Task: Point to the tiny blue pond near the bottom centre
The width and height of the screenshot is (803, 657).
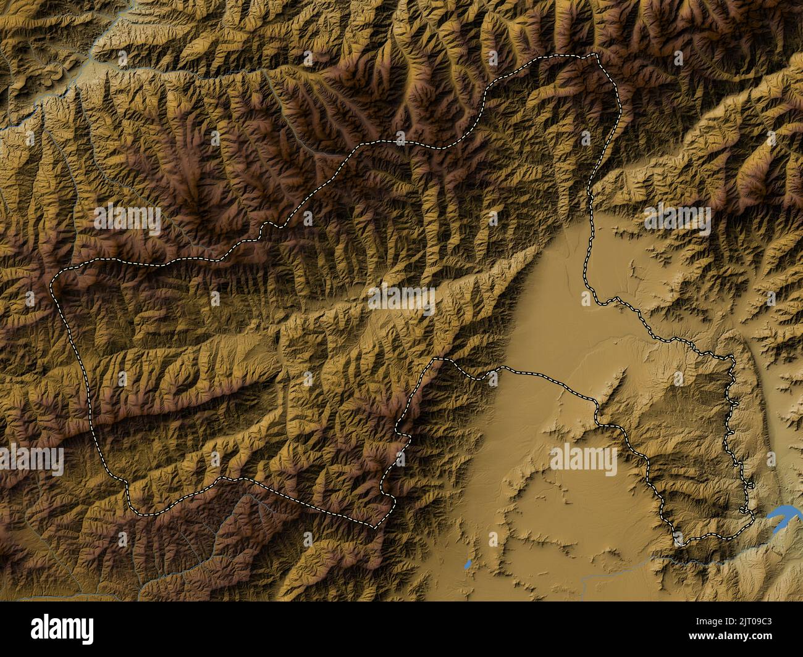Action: [x=468, y=564]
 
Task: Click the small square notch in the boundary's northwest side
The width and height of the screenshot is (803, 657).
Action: [x=266, y=229]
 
